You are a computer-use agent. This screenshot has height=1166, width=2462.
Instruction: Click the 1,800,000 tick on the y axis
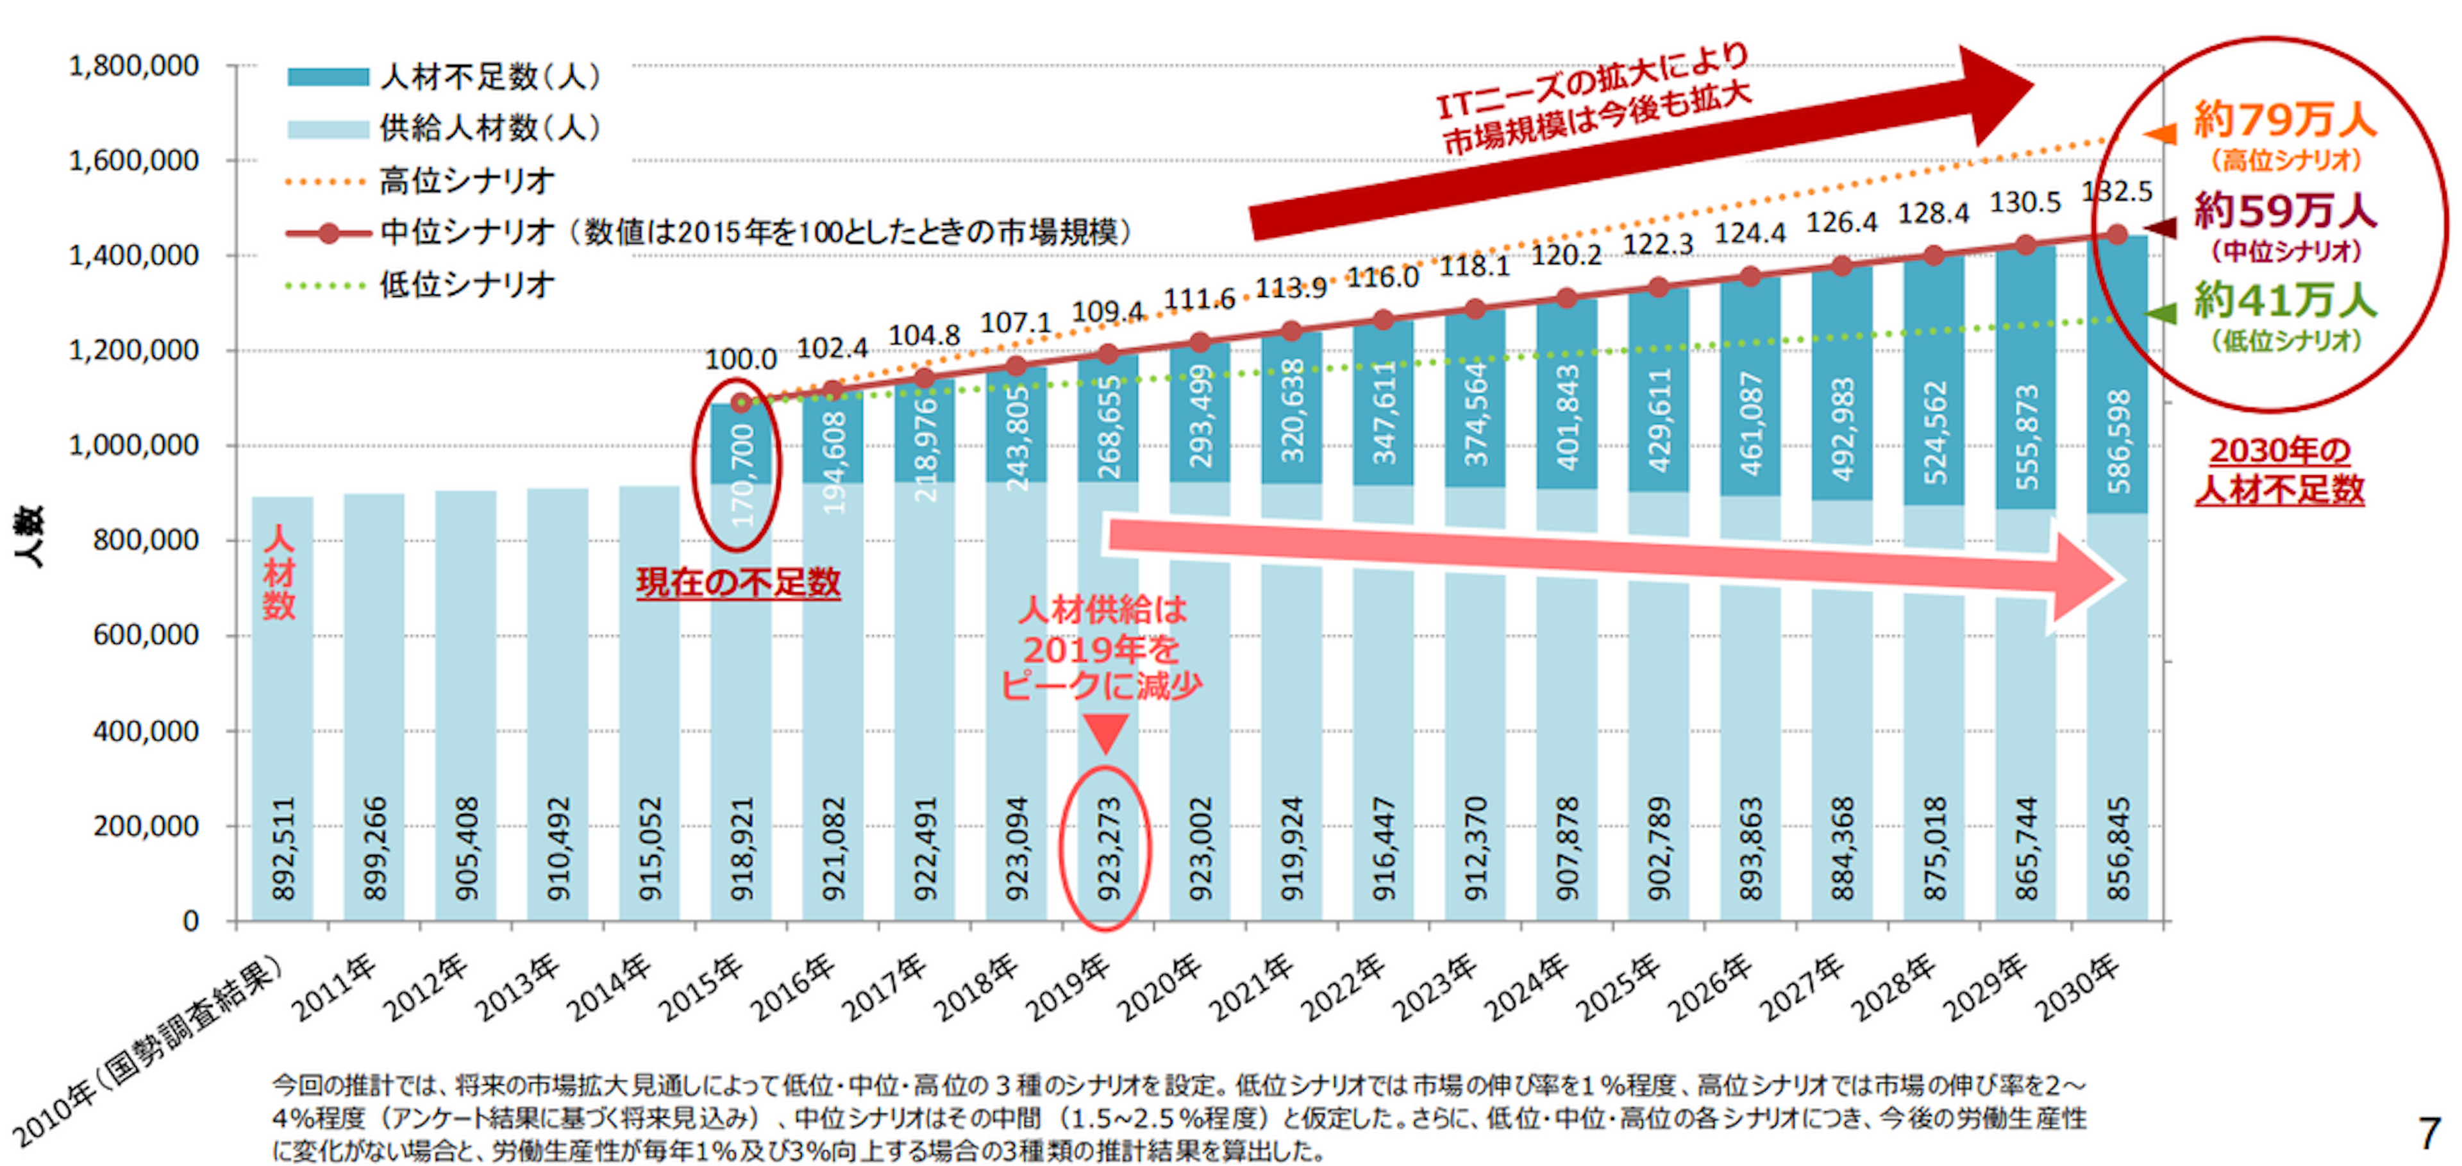(x=134, y=67)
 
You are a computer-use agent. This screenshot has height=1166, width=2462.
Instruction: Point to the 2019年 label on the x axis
(x=1069, y=987)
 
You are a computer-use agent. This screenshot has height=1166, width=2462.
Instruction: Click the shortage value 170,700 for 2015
(x=742, y=475)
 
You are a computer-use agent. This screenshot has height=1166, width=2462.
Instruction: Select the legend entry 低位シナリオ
(x=466, y=285)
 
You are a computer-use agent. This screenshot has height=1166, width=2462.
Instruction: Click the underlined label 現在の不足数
(x=738, y=582)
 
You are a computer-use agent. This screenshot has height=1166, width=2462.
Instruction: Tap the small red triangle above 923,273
(x=1106, y=734)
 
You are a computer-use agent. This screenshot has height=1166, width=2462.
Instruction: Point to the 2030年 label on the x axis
(x=2078, y=987)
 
